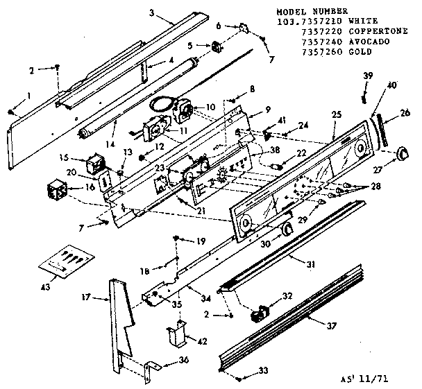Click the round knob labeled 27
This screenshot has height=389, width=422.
(x=401, y=154)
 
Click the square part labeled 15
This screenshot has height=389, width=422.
(x=92, y=166)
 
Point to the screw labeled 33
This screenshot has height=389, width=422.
(x=239, y=379)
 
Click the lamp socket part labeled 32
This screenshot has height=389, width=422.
(x=257, y=313)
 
